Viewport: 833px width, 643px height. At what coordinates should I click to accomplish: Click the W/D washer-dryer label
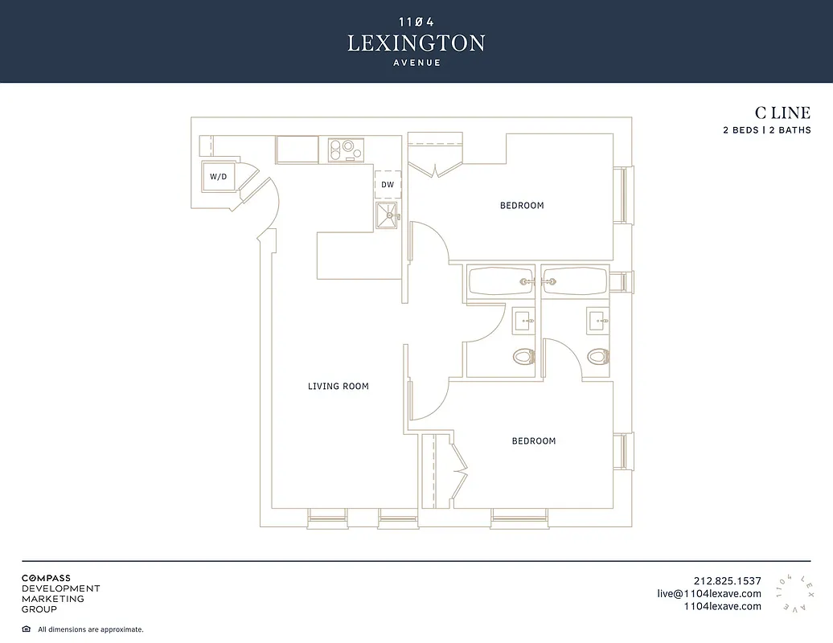(x=219, y=176)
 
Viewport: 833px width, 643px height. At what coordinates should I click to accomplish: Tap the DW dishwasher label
(x=388, y=185)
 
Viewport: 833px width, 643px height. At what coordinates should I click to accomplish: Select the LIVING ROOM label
(x=339, y=387)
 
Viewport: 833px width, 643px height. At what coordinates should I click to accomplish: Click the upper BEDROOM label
(x=522, y=206)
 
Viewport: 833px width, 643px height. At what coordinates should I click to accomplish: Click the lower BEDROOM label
(x=534, y=441)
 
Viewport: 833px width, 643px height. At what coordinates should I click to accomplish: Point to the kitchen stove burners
(x=347, y=149)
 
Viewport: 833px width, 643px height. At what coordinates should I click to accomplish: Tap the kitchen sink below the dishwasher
(x=388, y=215)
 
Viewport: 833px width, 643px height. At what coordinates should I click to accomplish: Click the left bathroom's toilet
(x=523, y=356)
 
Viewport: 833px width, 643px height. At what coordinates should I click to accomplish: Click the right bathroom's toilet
(x=597, y=356)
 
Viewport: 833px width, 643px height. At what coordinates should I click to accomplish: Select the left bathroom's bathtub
(x=500, y=282)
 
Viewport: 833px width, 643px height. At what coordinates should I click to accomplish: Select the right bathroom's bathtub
(x=574, y=282)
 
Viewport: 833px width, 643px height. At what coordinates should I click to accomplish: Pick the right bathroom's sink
(x=597, y=321)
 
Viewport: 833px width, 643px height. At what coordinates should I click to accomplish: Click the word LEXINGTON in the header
(x=416, y=43)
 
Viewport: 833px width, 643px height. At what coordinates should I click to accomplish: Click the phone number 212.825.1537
(x=727, y=581)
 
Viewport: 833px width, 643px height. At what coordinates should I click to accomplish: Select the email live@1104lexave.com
(x=708, y=594)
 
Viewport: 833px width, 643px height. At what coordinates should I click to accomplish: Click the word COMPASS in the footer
(x=46, y=578)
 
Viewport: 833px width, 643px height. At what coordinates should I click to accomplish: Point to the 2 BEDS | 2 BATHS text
(x=766, y=130)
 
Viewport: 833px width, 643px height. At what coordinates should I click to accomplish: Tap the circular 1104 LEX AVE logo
(x=794, y=594)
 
